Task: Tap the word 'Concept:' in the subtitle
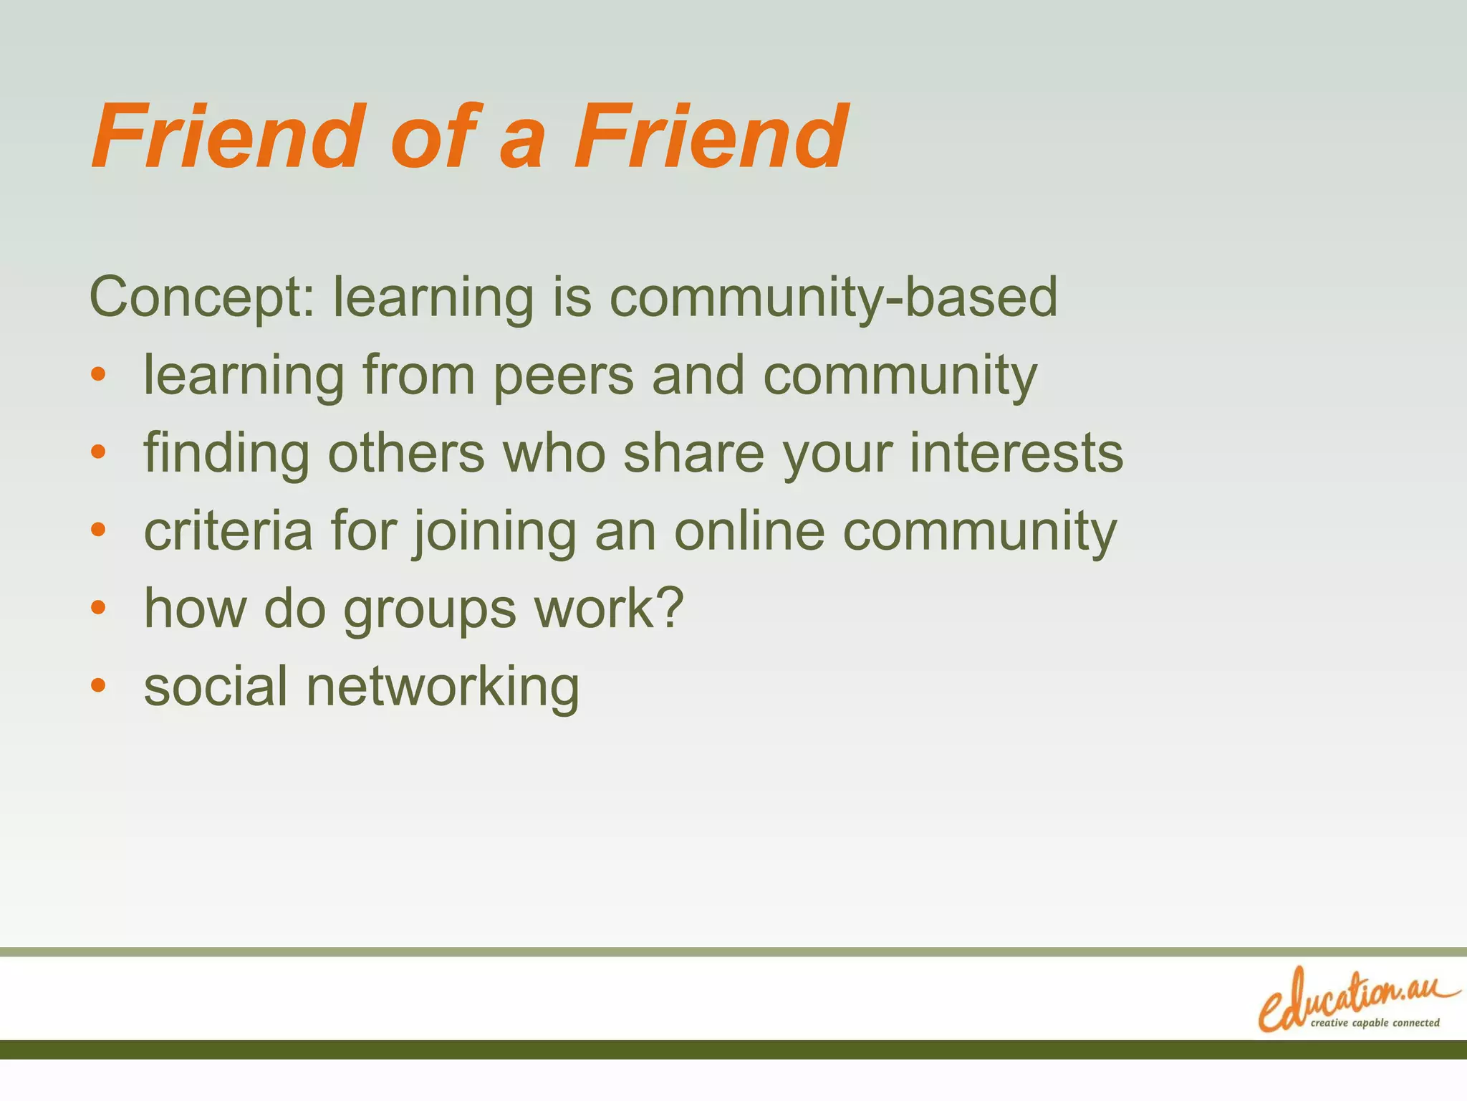[202, 297]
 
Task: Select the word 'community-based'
[833, 297]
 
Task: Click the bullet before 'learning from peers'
[99, 374]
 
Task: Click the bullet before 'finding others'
[99, 452]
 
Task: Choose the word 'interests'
[1016, 453]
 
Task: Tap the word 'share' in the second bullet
[693, 453]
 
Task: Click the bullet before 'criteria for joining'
[99, 530]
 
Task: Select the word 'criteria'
[229, 530]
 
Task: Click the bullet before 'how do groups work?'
[99, 608]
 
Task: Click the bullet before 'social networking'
[99, 685]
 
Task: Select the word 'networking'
[443, 687]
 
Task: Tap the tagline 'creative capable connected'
[1375, 1023]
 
